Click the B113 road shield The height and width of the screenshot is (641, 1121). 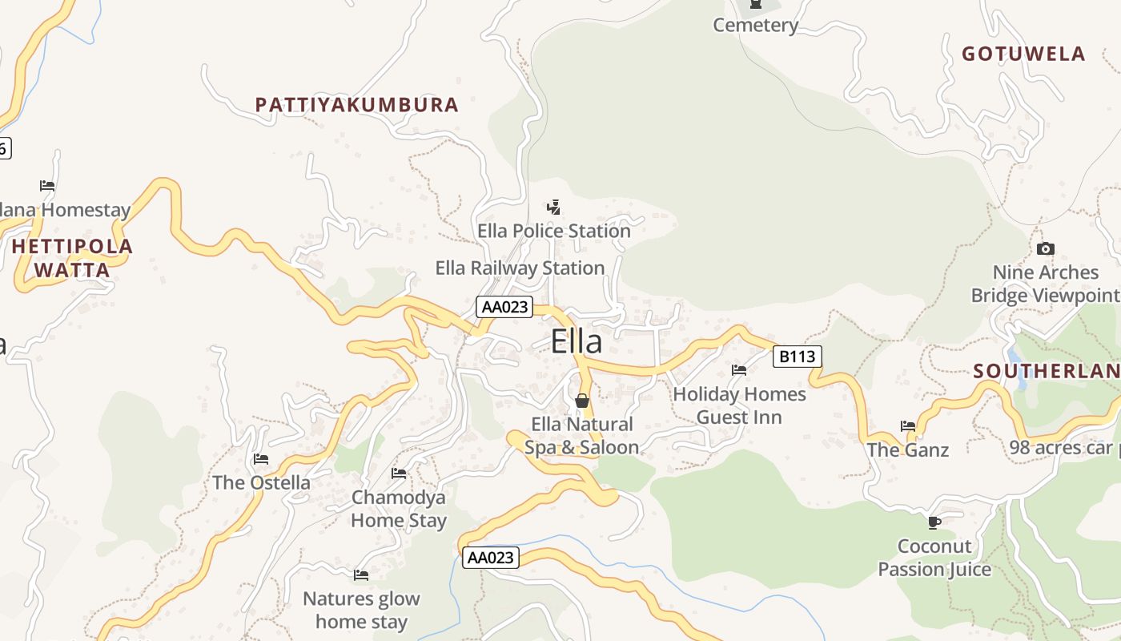798,357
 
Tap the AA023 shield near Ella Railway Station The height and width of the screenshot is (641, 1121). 504,307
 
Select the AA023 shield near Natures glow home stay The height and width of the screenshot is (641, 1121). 491,558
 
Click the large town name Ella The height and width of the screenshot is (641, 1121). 577,342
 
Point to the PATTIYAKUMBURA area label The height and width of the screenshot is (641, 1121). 357,105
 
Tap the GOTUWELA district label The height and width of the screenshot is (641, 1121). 1023,54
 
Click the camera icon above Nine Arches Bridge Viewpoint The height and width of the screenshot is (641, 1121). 1046,249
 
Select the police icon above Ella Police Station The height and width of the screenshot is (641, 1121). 553,208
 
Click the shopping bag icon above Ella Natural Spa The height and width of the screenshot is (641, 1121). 582,401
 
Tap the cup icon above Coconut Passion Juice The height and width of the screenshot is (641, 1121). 934,522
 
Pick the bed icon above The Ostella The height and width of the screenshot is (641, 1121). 261,459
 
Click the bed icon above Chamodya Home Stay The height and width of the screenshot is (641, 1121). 399,474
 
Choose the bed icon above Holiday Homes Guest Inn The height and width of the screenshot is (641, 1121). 739,370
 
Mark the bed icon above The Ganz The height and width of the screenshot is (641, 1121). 908,426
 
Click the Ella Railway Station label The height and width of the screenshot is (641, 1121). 520,268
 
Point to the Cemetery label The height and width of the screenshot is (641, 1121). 756,26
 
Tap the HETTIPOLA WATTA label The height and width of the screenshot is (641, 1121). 72,258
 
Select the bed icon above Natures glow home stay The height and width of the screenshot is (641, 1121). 361,575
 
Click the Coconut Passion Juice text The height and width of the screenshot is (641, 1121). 934,558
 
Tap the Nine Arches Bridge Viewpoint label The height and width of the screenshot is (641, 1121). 1046,284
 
